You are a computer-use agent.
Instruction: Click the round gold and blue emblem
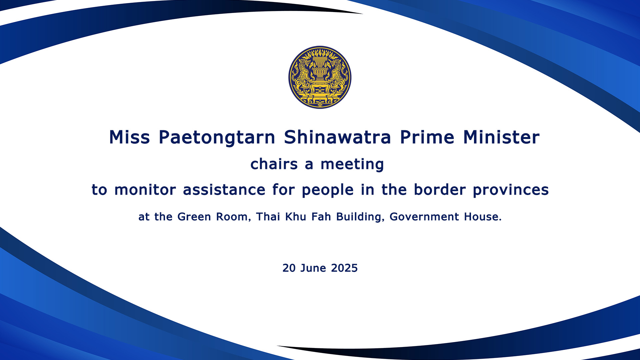pos(320,77)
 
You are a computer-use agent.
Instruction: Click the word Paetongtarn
pos(217,137)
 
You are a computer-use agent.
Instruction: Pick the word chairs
pos(274,164)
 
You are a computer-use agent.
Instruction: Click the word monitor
pos(145,190)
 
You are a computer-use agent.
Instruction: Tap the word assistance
pos(224,190)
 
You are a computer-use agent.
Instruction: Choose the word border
pos(440,190)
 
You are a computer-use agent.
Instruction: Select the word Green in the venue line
pos(194,217)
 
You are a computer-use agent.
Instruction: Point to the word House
pos(482,217)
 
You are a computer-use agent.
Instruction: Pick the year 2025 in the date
pos(344,268)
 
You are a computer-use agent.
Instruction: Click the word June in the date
pos(313,268)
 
